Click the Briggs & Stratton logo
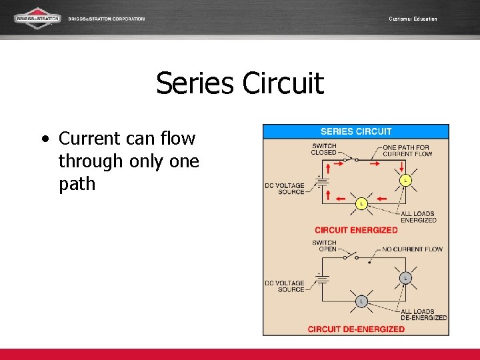pos(38,18)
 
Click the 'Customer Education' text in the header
pos(413,19)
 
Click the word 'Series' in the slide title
pos(195,84)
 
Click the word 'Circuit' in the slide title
pos(283,84)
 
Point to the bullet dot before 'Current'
pos(45,139)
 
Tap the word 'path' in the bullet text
pos(77,183)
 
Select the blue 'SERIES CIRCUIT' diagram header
pos(356,131)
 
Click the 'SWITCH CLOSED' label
pos(324,149)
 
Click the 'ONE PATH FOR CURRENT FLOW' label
pos(407,150)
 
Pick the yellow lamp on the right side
pos(405,180)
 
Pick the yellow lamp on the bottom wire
pos(361,203)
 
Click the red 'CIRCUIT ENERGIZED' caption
pos(356,230)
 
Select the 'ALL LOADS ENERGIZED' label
pos(418,217)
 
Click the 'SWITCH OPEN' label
pos(324,246)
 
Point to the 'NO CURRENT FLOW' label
pos(412,249)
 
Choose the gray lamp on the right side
pos(405,277)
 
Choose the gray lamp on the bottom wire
pos(361,301)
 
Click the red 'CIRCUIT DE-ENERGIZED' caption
pos(356,329)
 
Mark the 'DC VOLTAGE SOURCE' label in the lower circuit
pos(284,287)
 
